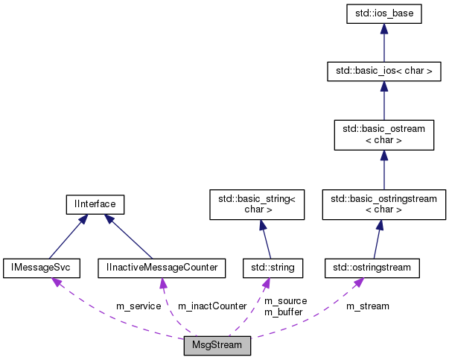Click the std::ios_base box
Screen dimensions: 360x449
click(383, 13)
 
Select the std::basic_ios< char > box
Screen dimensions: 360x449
click(383, 72)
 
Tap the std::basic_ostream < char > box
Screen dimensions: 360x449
click(383, 134)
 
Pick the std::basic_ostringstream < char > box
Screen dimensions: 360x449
click(383, 204)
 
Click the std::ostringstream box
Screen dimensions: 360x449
click(372, 267)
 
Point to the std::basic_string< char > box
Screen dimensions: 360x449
click(256, 204)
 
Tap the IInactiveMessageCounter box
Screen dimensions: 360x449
click(162, 267)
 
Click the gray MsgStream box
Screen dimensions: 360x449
click(217, 347)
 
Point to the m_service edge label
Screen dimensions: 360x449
click(138, 306)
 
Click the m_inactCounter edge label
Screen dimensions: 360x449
click(211, 306)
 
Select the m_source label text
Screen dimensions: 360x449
click(285, 300)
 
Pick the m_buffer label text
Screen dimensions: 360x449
click(284, 312)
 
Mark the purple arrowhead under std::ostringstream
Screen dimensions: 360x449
click(359, 281)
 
